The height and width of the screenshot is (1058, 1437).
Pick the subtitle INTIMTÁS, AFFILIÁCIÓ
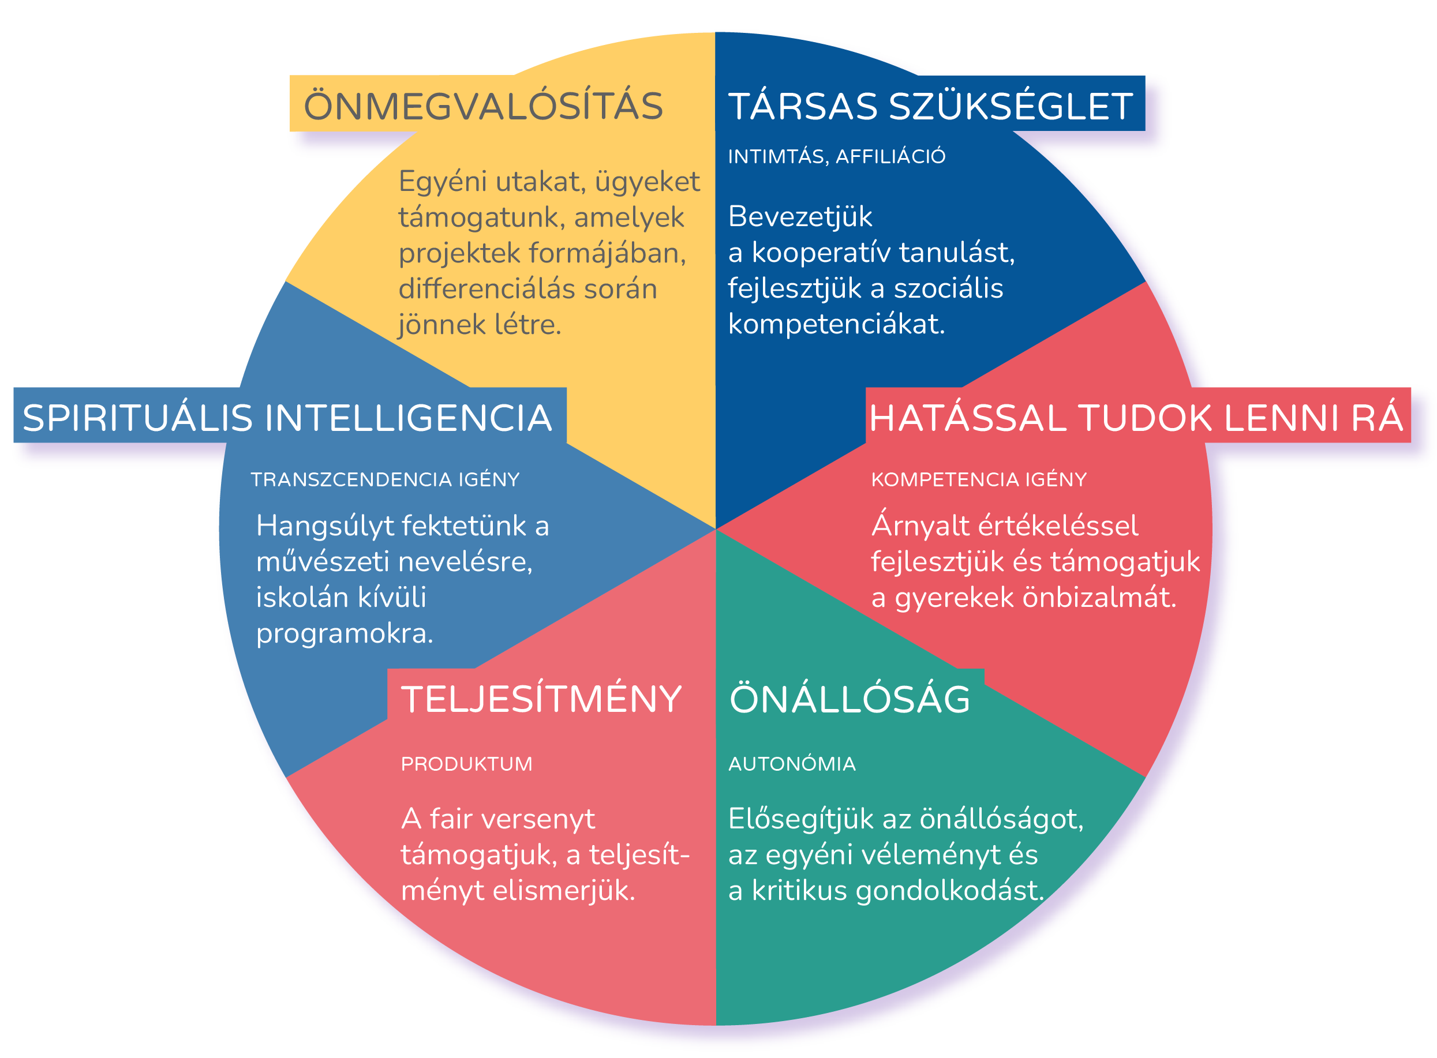click(x=837, y=156)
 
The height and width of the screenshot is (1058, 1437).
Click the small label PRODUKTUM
click(x=466, y=764)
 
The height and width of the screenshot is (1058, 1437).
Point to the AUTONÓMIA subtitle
click(x=792, y=763)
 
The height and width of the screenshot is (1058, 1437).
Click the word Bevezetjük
click(x=800, y=217)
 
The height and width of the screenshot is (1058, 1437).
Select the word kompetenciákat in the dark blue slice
click(x=837, y=325)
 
